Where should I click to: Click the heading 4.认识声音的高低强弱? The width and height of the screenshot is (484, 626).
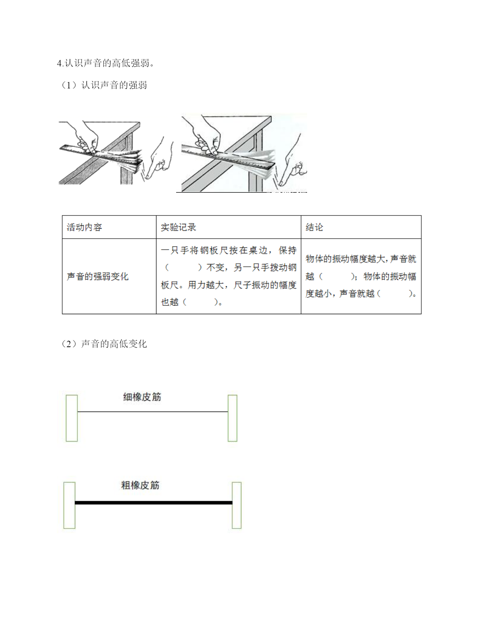coord(106,63)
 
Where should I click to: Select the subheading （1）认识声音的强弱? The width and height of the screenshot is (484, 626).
coord(104,85)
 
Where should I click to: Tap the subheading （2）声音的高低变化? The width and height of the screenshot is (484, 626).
coord(104,344)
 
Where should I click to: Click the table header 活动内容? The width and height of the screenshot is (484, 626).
coord(84,227)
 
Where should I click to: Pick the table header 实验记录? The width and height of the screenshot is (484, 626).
coord(178,227)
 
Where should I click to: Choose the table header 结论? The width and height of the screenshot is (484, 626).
coord(314,227)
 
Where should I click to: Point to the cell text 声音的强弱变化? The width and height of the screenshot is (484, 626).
coord(98,277)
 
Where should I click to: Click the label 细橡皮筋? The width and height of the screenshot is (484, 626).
coord(142,397)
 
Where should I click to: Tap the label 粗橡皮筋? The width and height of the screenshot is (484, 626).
coord(140,485)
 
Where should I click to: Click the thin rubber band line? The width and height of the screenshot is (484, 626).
coord(153,412)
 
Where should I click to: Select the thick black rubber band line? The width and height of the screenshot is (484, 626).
coord(154,503)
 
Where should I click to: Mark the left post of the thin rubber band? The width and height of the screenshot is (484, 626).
coord(72,418)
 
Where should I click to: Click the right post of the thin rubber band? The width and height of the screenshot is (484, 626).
coord(232,418)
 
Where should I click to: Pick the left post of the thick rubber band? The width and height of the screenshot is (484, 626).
coord(69,505)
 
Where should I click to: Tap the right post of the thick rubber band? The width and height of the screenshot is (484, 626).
coord(236,505)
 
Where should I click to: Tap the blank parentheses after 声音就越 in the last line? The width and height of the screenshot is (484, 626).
coord(395,294)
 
